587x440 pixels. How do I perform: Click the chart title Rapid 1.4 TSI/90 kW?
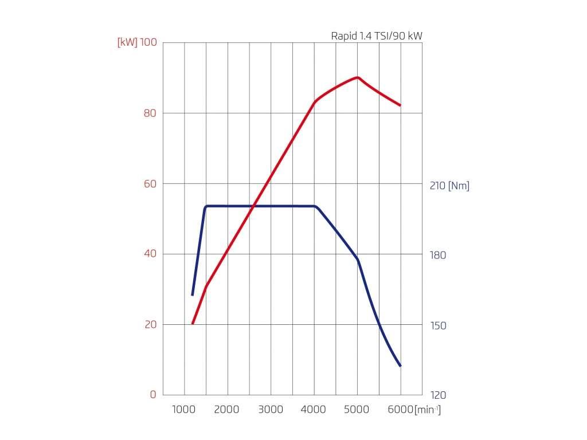point(377,36)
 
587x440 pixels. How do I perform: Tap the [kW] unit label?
point(127,43)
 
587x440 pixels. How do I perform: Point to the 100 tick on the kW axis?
point(148,43)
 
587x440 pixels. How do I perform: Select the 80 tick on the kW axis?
point(150,113)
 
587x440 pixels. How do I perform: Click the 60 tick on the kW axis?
point(150,184)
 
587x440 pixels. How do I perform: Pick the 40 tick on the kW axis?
point(150,254)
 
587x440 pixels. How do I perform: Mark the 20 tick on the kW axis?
point(150,325)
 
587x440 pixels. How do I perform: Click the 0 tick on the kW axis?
point(153,395)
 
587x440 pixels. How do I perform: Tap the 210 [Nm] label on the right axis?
point(449,186)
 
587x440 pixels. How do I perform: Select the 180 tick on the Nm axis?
point(438,256)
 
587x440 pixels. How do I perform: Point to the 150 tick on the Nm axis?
point(438,326)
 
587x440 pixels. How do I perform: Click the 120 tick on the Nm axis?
point(438,396)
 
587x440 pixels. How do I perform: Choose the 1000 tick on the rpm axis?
point(185,410)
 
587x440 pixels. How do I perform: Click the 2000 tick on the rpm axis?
point(228,410)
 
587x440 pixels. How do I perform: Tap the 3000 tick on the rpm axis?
point(271,410)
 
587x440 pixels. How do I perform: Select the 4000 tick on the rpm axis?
point(314,410)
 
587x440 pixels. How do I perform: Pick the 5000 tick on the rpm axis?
point(357,410)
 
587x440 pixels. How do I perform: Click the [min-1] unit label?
point(428,410)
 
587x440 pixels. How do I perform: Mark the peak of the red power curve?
point(358,77)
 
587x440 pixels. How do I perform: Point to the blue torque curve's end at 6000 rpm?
point(400,366)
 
